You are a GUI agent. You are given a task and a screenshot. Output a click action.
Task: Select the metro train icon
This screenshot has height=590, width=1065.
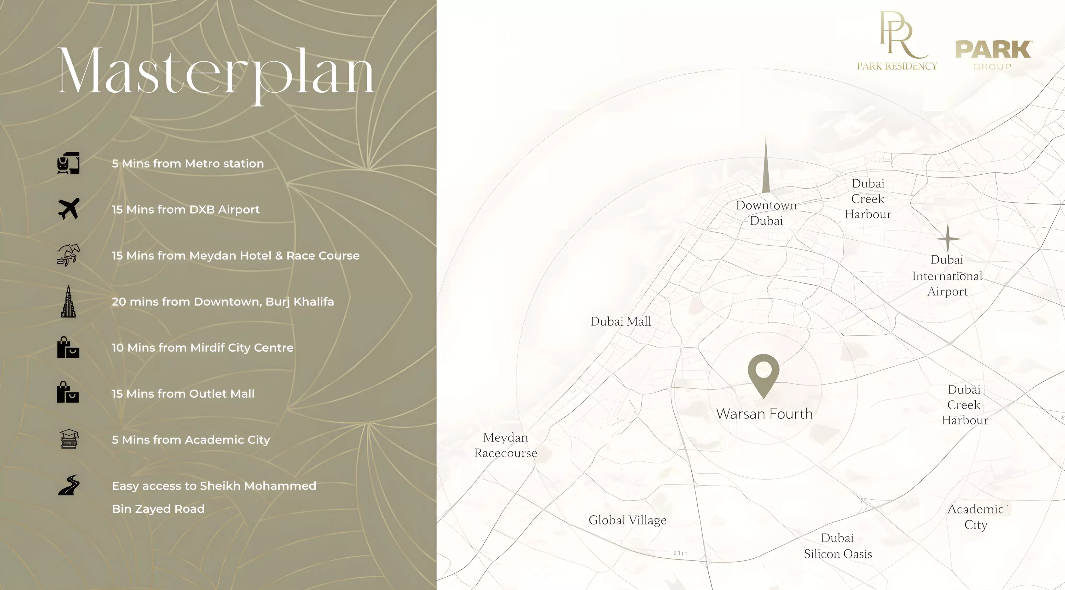(68, 163)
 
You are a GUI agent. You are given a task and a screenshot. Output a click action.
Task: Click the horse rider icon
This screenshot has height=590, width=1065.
(68, 255)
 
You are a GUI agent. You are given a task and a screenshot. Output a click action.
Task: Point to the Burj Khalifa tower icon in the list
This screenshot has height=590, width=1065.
(68, 302)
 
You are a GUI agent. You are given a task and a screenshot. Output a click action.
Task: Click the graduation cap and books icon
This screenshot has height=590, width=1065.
(69, 439)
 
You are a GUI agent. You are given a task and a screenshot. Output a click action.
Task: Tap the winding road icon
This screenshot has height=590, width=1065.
(69, 485)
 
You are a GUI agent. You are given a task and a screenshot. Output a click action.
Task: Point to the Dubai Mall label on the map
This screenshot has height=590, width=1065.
(621, 321)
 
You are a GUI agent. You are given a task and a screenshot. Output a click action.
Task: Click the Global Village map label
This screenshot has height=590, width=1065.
(627, 520)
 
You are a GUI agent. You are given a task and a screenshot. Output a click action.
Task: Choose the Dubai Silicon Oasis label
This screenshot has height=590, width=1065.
(838, 546)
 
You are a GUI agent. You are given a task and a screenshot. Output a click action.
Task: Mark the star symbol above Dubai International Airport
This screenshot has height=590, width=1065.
(948, 238)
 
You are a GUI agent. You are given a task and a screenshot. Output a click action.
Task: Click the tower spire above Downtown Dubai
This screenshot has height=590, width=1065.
(766, 165)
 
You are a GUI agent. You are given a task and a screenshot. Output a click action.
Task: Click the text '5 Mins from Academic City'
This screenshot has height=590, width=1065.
(190, 440)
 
